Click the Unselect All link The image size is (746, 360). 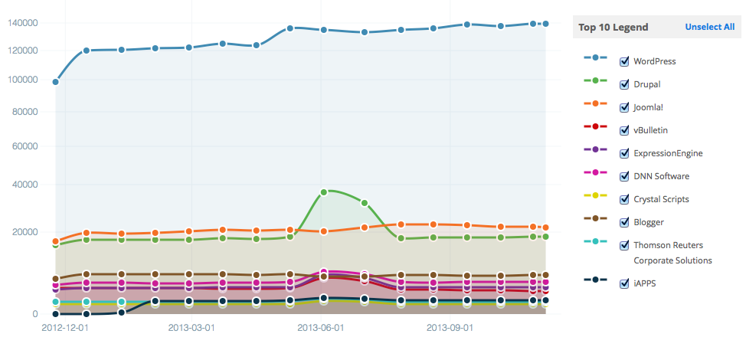[x=709, y=27]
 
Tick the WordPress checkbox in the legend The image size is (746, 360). [x=624, y=61]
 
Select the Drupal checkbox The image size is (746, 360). [x=624, y=84]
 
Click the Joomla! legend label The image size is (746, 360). [x=648, y=107]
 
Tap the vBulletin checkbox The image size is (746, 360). [x=624, y=130]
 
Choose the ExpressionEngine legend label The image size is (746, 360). [x=667, y=153]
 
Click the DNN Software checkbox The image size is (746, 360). [x=624, y=176]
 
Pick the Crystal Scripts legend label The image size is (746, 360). [x=661, y=199]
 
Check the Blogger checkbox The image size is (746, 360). [x=624, y=222]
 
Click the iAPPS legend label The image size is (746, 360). [x=644, y=283]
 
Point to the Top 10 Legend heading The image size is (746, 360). [x=613, y=27]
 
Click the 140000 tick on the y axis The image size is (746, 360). [x=22, y=23]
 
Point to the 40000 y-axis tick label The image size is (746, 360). [x=25, y=185]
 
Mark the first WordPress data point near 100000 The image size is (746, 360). [x=55, y=82]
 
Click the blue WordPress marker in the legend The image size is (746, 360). [x=595, y=57]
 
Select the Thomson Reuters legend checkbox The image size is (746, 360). [x=624, y=245]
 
